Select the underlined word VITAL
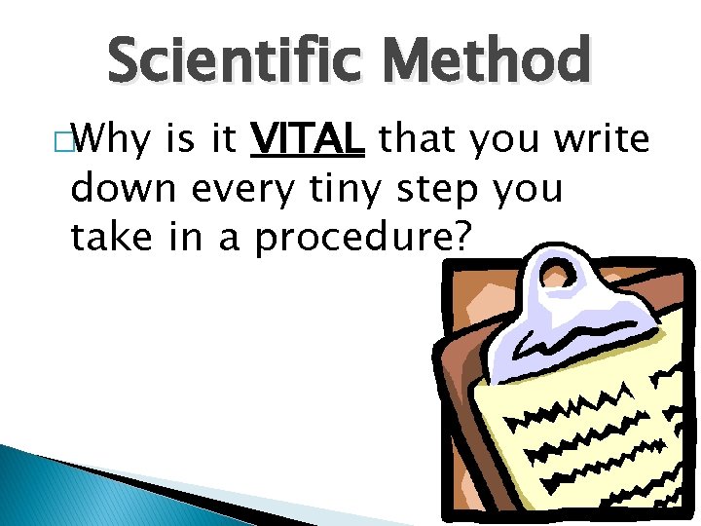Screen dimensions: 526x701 308,142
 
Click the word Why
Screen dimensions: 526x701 109,142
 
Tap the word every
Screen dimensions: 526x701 243,191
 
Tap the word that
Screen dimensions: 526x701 417,142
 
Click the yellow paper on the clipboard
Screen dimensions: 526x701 584,438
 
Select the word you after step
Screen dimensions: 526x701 530,191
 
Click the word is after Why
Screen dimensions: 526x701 182,142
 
